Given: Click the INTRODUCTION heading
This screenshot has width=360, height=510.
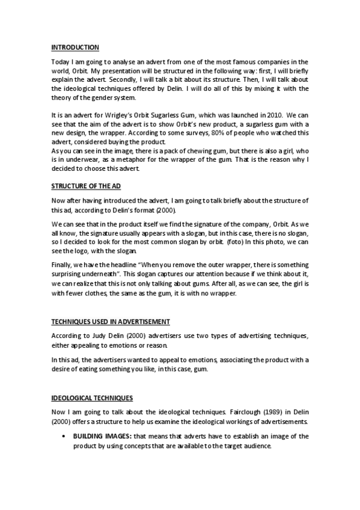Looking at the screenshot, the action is (75, 47).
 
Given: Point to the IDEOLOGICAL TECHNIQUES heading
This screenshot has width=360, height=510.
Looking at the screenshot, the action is (92, 398).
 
